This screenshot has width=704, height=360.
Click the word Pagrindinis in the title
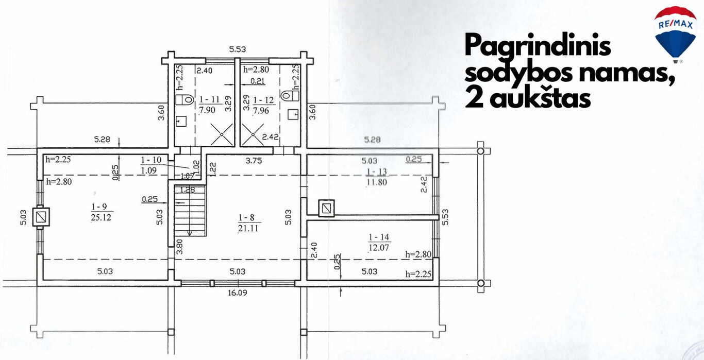pyautogui.click(x=538, y=46)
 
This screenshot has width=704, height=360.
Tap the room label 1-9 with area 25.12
pyautogui.click(x=101, y=212)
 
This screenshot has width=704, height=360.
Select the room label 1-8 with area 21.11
pyautogui.click(x=248, y=222)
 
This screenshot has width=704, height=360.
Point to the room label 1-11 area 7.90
pyautogui.click(x=208, y=105)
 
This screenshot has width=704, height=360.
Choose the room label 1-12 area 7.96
pyautogui.click(x=263, y=105)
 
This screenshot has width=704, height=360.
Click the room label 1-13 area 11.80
pyautogui.click(x=377, y=177)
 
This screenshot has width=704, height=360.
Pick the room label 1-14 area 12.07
pyautogui.click(x=379, y=242)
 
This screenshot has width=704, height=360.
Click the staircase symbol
pyautogui.click(x=190, y=211)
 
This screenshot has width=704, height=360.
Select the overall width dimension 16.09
pyautogui.click(x=237, y=293)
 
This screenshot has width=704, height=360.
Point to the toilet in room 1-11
pyautogui.click(x=185, y=100)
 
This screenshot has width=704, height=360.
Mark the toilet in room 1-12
pyautogui.click(x=290, y=95)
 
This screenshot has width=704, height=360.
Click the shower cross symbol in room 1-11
pyautogui.click(x=222, y=134)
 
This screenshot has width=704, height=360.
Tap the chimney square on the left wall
pyautogui.click(x=41, y=216)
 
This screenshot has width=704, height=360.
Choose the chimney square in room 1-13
pyautogui.click(x=326, y=208)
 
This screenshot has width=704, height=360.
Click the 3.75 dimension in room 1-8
pyautogui.click(x=254, y=161)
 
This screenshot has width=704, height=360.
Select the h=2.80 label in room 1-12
pyautogui.click(x=256, y=70)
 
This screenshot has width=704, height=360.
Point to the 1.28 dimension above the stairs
pyautogui.click(x=188, y=190)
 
